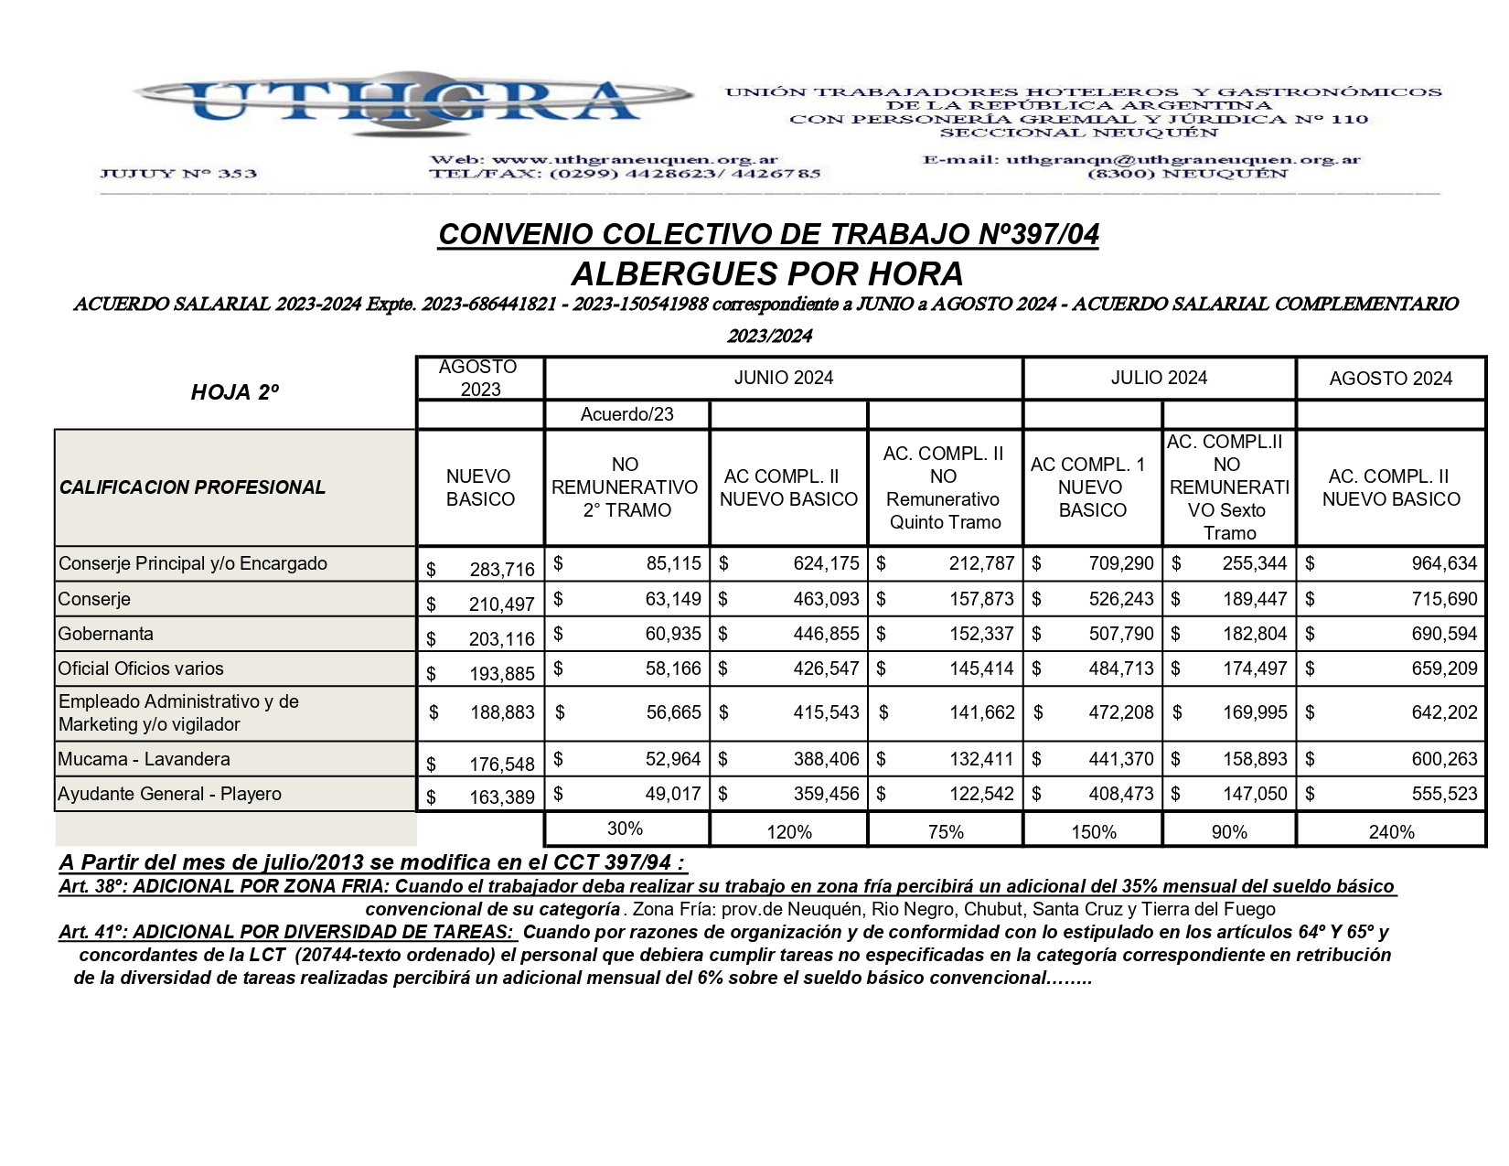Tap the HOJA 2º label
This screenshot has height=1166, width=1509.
click(234, 392)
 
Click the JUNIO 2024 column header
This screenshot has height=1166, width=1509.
click(783, 378)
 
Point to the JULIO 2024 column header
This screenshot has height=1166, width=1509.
click(1159, 378)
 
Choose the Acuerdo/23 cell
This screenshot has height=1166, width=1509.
click(626, 414)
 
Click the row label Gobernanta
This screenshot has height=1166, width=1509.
click(106, 634)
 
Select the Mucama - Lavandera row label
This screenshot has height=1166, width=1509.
click(144, 759)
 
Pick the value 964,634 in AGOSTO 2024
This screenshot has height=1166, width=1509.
click(1444, 563)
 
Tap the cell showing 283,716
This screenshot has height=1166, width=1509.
click(501, 570)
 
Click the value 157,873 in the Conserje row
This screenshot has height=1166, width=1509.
click(981, 599)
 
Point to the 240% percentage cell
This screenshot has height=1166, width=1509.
click(1391, 832)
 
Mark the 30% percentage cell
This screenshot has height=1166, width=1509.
click(626, 829)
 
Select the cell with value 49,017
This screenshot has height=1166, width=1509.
click(673, 794)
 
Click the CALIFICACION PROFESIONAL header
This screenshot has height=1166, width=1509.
click(192, 487)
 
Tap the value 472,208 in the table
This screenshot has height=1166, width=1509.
click(1120, 712)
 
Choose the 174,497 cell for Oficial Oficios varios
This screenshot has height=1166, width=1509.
click(1254, 669)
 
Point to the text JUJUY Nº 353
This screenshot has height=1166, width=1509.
click(177, 174)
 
